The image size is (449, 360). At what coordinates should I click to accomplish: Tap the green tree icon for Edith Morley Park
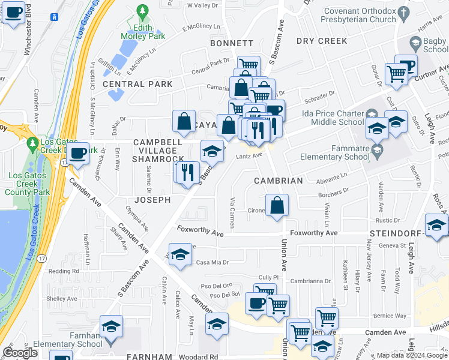click(142, 11)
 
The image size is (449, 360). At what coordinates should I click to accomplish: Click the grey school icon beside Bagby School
click(415, 43)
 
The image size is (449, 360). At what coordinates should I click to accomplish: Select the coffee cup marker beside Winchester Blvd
click(14, 13)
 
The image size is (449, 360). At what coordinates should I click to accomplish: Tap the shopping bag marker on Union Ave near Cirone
click(277, 205)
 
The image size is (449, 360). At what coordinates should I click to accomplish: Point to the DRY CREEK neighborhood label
click(322, 41)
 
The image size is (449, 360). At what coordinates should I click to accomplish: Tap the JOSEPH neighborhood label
click(152, 199)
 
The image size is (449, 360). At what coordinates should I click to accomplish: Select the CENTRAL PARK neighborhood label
click(137, 84)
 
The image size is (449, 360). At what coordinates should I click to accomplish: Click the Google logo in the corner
click(20, 353)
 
